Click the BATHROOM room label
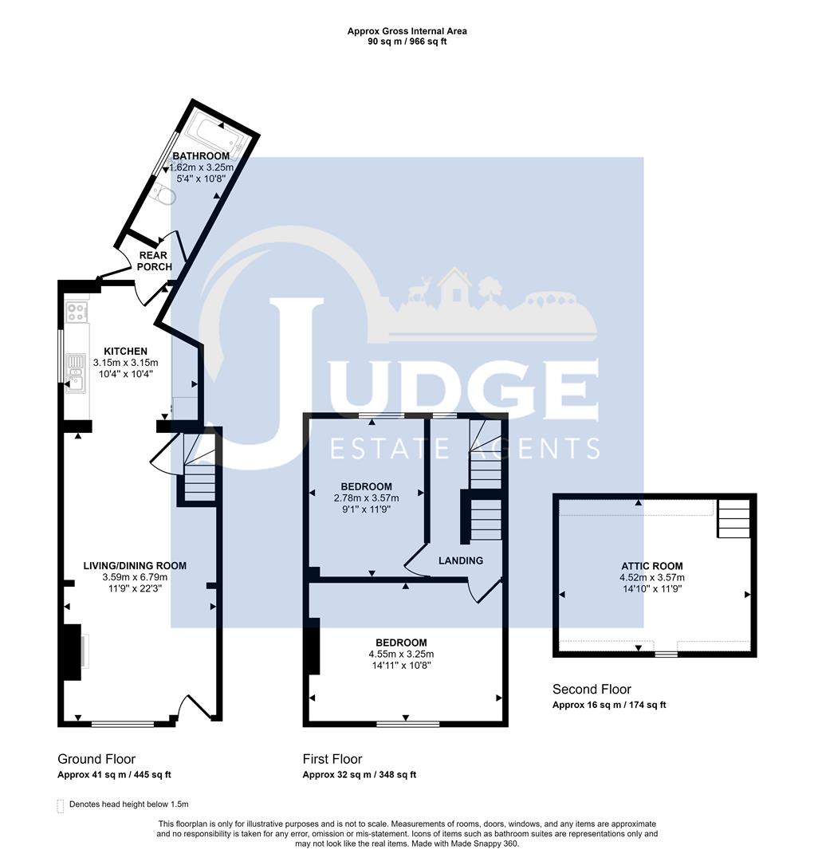[201, 155]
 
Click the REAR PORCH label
[153, 261]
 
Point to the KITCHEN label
[125, 351]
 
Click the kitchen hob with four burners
[77, 312]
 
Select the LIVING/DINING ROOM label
[135, 565]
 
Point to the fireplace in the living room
[72, 651]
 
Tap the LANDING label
[461, 560]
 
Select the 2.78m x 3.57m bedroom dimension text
[366, 498]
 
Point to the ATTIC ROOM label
[651, 566]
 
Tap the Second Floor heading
[592, 689]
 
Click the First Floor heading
[332, 759]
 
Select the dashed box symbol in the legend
[61, 805]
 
